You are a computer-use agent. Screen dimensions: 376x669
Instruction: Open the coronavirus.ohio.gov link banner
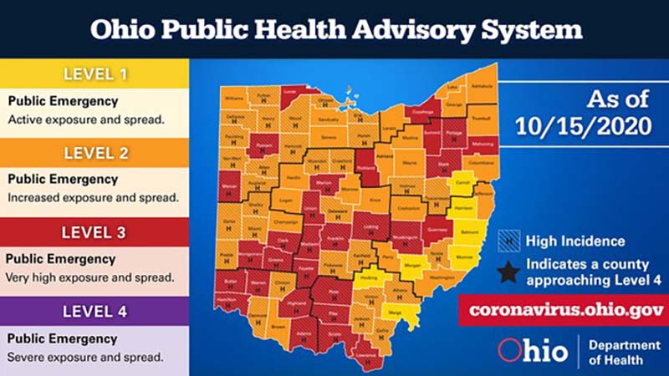tap(559, 310)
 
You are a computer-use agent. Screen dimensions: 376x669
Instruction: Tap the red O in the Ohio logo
tap(509, 350)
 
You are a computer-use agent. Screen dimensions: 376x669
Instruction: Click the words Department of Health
tap(618, 352)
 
